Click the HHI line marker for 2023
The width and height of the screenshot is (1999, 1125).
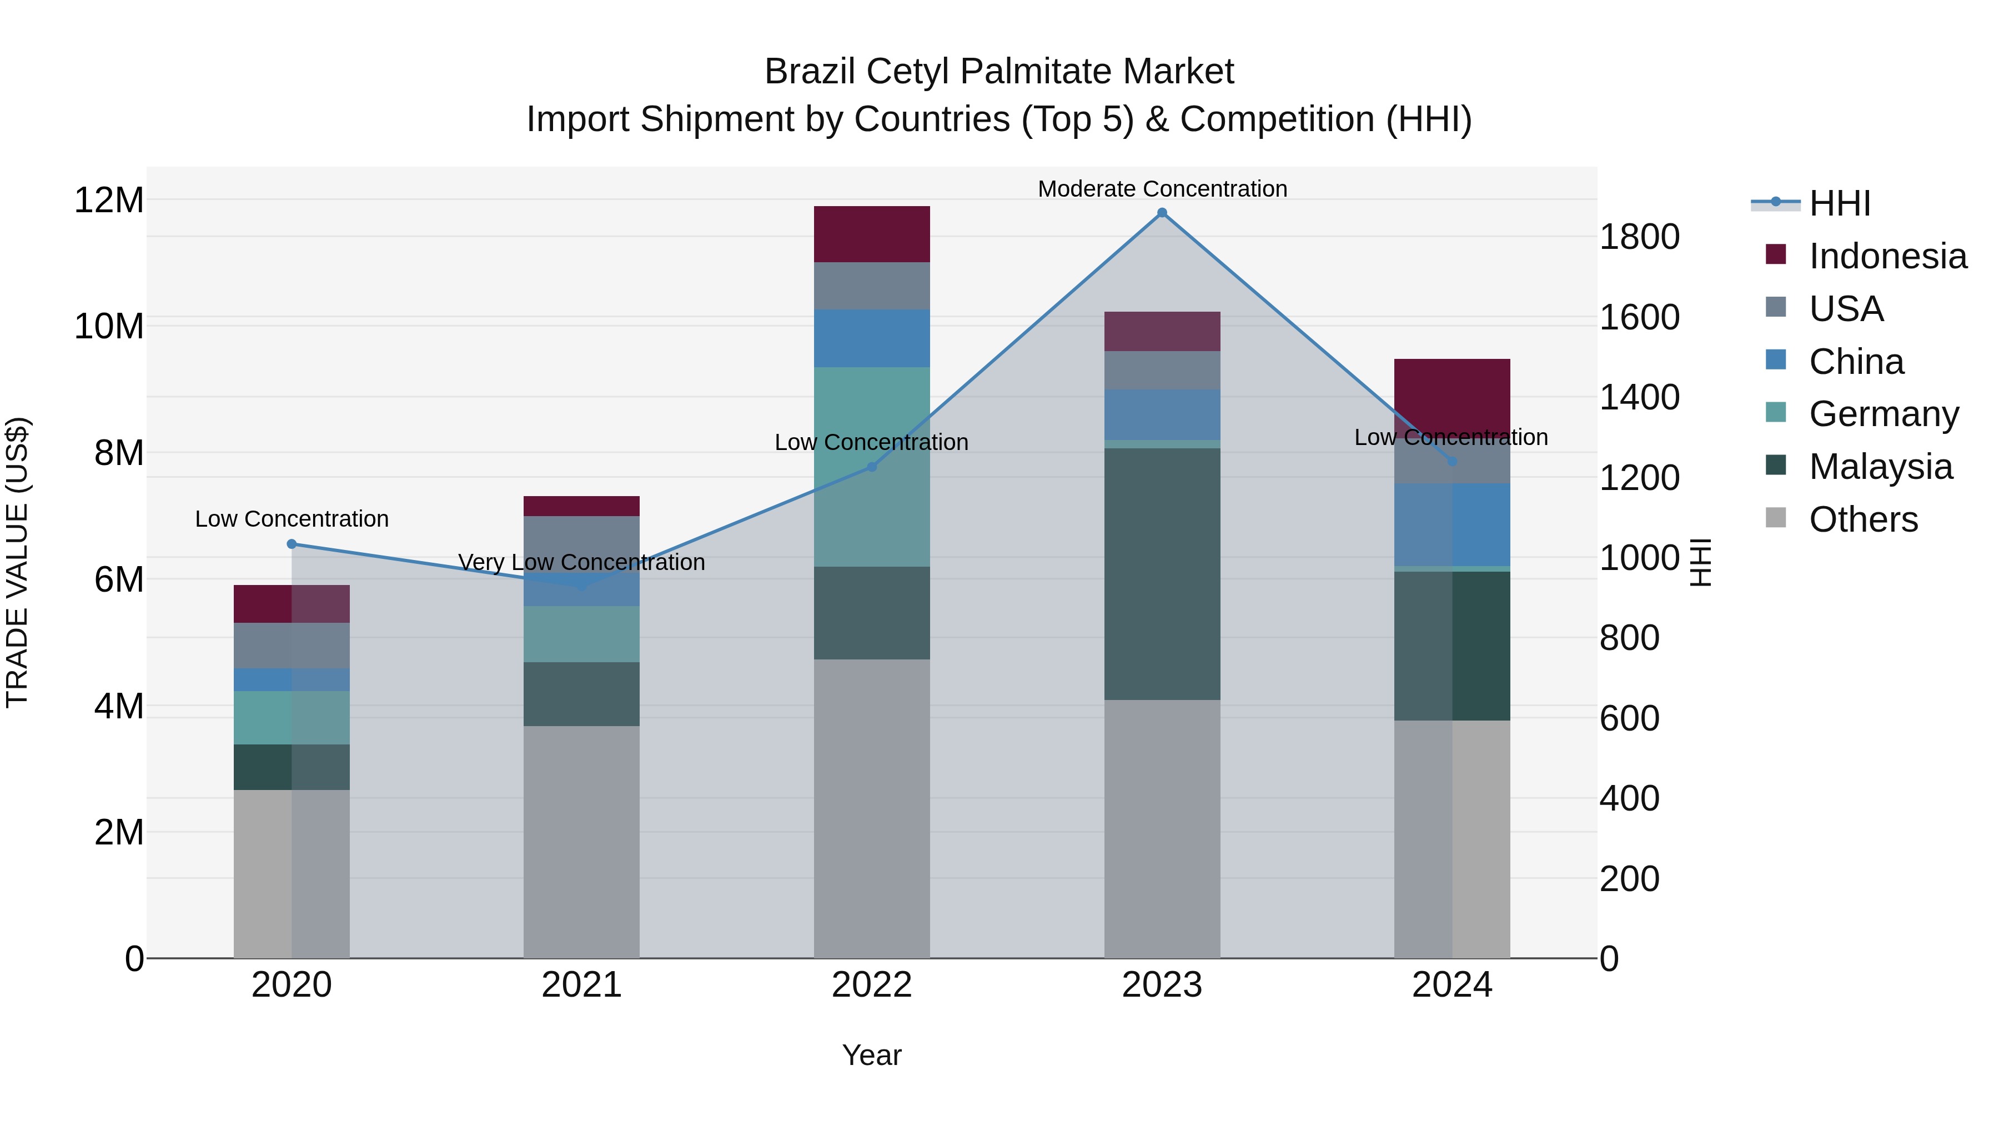(x=1162, y=213)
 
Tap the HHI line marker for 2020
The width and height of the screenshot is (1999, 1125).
(x=292, y=544)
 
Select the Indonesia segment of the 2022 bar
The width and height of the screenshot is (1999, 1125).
(x=871, y=234)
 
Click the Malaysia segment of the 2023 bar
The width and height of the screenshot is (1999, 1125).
(x=1162, y=574)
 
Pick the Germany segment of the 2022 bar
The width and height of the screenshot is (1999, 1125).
(x=871, y=466)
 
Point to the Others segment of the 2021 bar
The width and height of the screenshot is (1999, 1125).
(x=581, y=842)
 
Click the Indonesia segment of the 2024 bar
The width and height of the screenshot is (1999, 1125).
(x=1452, y=392)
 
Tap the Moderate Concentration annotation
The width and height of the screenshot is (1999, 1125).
(x=1162, y=189)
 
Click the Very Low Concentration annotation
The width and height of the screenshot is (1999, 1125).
(x=581, y=562)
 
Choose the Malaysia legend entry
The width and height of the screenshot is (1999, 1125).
(x=1880, y=467)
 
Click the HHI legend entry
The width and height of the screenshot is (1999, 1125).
(x=1839, y=203)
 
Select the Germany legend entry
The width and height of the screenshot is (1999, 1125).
(x=1884, y=414)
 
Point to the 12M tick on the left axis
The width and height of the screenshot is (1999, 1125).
(x=109, y=201)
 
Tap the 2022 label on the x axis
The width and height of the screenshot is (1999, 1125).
(x=871, y=985)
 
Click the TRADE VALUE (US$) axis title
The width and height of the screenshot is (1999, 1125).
(x=17, y=562)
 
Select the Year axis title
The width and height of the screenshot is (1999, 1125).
(x=871, y=1055)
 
